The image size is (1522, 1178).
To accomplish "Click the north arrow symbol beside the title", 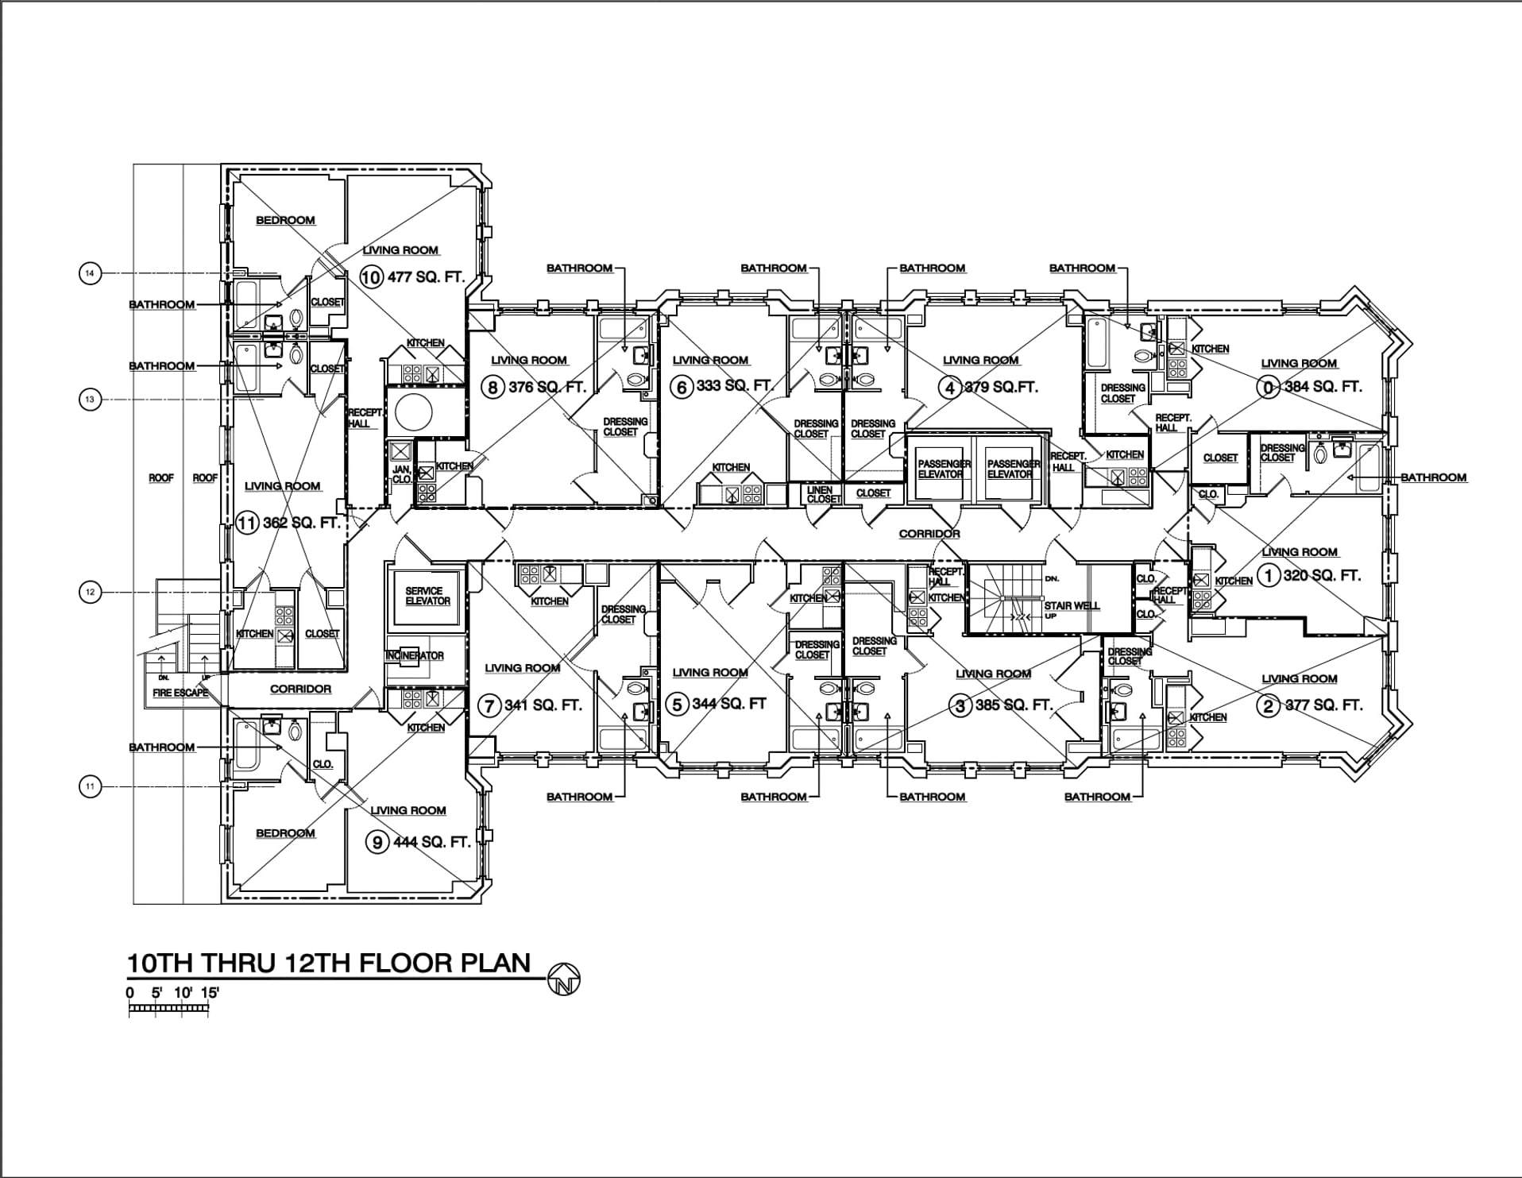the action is click(564, 979).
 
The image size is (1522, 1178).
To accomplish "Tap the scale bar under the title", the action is click(168, 1009).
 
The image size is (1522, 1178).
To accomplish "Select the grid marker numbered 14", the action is click(91, 274).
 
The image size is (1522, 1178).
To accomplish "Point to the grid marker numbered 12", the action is click(91, 593).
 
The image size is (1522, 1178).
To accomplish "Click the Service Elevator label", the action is click(427, 596).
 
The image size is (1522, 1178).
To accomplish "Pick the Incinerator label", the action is click(415, 655).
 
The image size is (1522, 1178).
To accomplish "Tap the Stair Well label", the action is click(1072, 605).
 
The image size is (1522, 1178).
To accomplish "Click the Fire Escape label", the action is click(180, 693).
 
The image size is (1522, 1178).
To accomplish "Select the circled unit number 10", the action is click(371, 277).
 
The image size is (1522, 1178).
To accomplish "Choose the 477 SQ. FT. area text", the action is click(426, 277).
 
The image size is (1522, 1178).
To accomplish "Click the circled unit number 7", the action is click(490, 705).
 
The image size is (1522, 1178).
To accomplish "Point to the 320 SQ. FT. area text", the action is click(1322, 575).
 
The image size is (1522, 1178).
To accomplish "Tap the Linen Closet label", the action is click(822, 494).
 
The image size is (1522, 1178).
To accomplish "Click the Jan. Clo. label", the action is click(402, 474).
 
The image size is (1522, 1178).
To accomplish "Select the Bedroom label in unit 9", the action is click(285, 833).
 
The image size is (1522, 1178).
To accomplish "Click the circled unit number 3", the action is click(961, 705).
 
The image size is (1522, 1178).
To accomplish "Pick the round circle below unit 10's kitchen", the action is click(413, 412).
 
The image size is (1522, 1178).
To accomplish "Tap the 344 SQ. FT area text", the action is click(729, 704).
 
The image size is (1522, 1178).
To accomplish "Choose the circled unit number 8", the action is click(493, 388).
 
